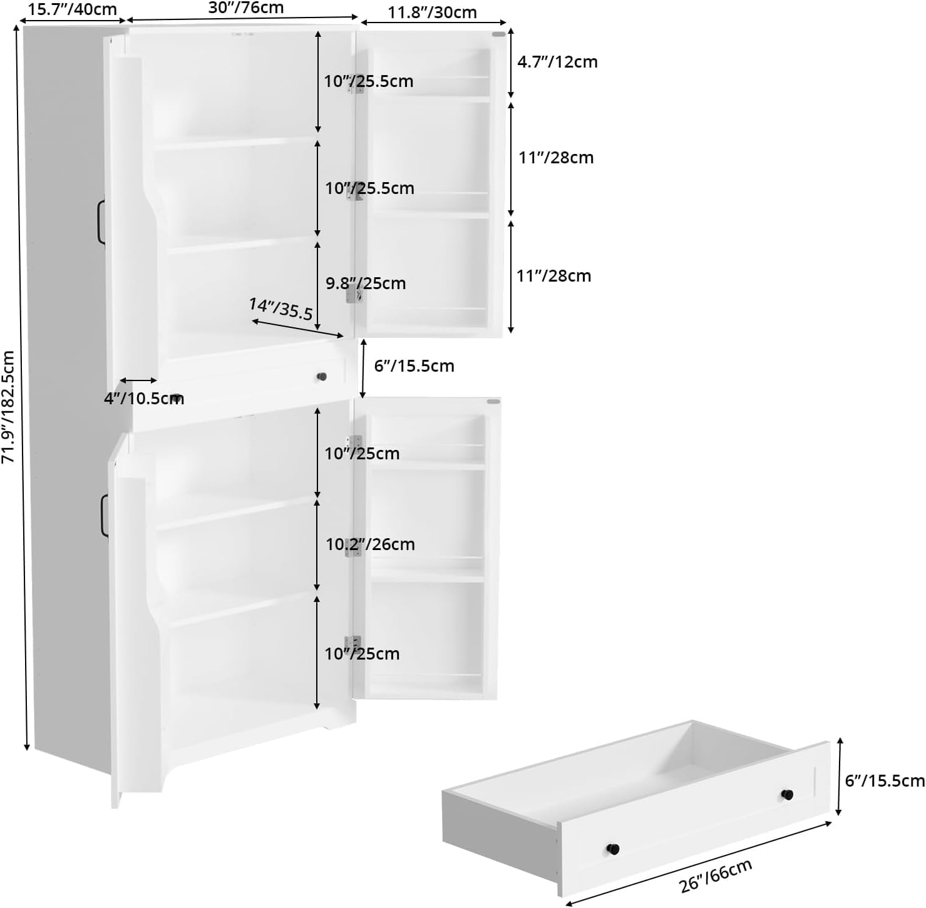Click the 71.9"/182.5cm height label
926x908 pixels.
(x=9, y=407)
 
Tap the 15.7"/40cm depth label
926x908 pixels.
(x=73, y=9)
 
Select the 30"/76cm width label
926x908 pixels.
(x=246, y=8)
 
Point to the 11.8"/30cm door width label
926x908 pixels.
(x=432, y=13)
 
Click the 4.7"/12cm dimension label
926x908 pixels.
(x=557, y=62)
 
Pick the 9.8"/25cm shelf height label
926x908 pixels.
(x=366, y=283)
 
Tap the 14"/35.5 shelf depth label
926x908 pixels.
(x=280, y=309)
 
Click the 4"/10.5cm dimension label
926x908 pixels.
(x=144, y=399)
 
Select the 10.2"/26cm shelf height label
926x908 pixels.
(x=370, y=544)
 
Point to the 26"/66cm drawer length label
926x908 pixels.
(x=716, y=877)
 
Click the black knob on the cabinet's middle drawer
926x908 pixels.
(x=322, y=377)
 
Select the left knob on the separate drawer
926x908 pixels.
(x=613, y=849)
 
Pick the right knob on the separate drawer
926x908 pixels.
(x=787, y=795)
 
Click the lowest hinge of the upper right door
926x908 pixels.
(x=354, y=293)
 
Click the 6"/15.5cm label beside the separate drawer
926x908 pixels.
(x=885, y=781)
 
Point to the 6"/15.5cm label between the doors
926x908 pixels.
(x=414, y=366)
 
